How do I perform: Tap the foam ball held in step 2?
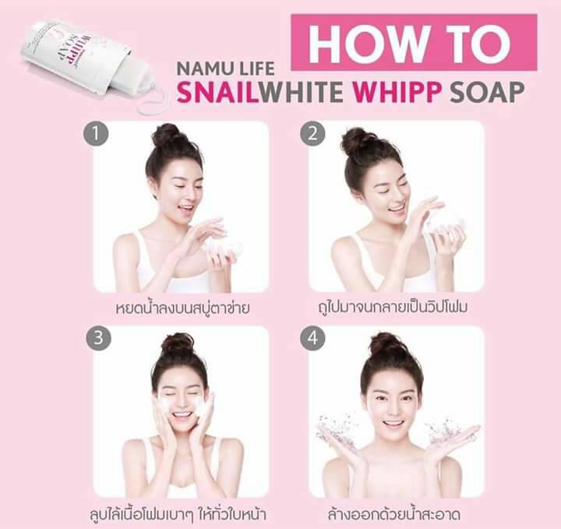point(444,220)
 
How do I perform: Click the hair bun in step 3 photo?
point(178,344)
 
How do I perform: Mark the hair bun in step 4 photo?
point(387,344)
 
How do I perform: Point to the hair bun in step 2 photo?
point(358,140)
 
